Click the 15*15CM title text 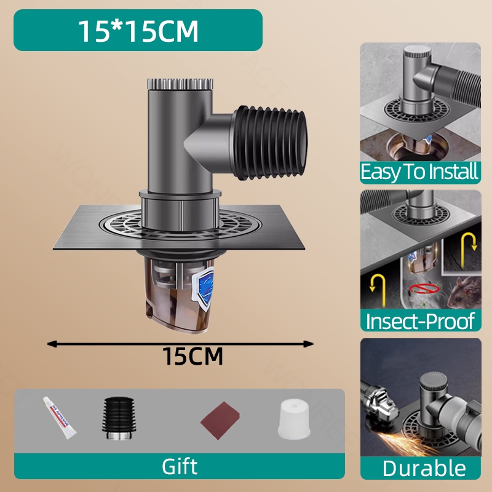138,31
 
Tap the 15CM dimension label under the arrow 192,356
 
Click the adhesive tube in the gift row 59,418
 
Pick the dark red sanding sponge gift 220,421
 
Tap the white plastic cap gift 294,419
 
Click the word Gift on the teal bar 180,466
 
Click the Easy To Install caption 420,172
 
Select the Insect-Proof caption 420,320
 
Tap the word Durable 424,469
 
